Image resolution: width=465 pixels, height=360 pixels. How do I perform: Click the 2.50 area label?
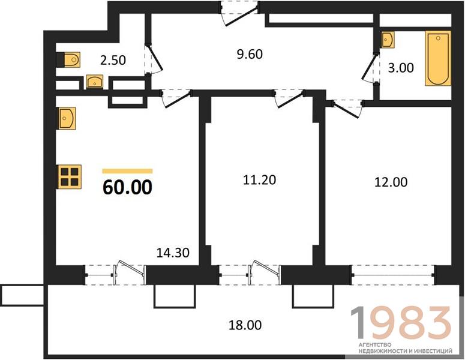tap(113, 60)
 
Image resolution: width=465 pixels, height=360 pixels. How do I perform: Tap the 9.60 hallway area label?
tap(250, 54)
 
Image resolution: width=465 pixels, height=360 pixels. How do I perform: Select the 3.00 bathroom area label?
tap(401, 68)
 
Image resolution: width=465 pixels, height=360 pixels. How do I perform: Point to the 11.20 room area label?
tap(259, 180)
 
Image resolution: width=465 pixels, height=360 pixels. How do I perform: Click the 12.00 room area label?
tap(391, 182)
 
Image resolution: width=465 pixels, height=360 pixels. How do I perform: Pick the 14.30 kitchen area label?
tap(173, 253)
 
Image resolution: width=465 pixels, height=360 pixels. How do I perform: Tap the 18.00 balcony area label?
tap(245, 325)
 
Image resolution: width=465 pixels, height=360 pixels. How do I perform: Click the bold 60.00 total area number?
tap(128, 187)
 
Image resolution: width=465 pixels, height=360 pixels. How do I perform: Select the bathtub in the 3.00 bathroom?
tap(438, 58)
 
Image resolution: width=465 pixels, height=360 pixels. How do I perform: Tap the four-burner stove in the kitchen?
tap(70, 177)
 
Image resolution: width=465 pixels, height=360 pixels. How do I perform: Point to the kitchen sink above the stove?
tap(67, 118)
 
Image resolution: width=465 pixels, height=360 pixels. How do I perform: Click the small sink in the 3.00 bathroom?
tap(388, 40)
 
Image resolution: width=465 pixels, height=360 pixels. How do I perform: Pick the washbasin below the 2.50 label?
tap(95, 82)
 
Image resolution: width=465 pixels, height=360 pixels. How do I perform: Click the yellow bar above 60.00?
tap(128, 171)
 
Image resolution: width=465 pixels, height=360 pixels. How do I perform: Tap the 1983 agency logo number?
tap(401, 323)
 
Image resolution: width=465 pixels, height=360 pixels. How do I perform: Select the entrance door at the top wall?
tap(239, 13)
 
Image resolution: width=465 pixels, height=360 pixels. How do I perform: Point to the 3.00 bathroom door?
tap(370, 68)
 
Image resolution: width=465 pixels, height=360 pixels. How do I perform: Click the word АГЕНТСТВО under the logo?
tap(375, 345)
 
